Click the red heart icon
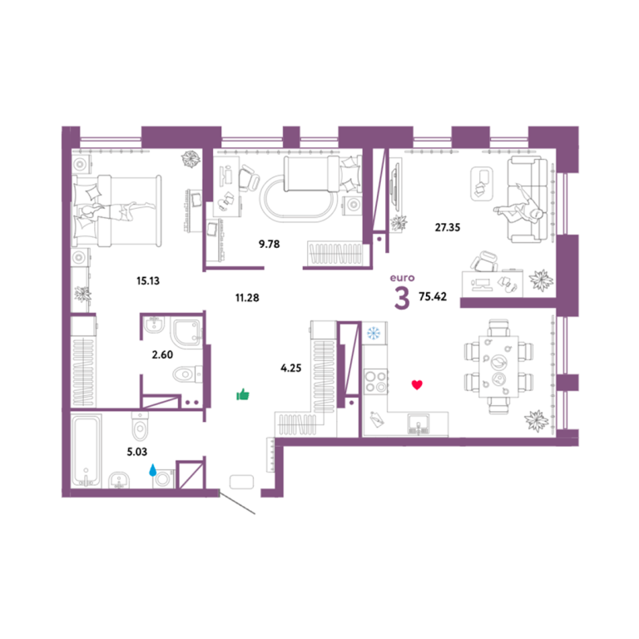(417, 384)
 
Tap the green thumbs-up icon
(243, 394)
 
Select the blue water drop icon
(152, 470)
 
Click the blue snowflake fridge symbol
(374, 334)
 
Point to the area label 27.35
(448, 227)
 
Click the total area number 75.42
(433, 296)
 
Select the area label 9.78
(270, 244)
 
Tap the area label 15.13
(148, 280)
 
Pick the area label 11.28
(247, 298)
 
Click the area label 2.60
(162, 355)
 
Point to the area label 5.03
(137, 452)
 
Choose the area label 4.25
(291, 368)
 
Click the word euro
(402, 278)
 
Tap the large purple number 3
(402, 299)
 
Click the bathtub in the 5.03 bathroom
(86, 451)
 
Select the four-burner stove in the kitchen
(376, 381)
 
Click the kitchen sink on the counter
(419, 424)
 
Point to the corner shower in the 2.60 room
(188, 333)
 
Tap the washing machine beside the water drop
(163, 479)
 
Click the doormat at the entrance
(241, 482)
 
